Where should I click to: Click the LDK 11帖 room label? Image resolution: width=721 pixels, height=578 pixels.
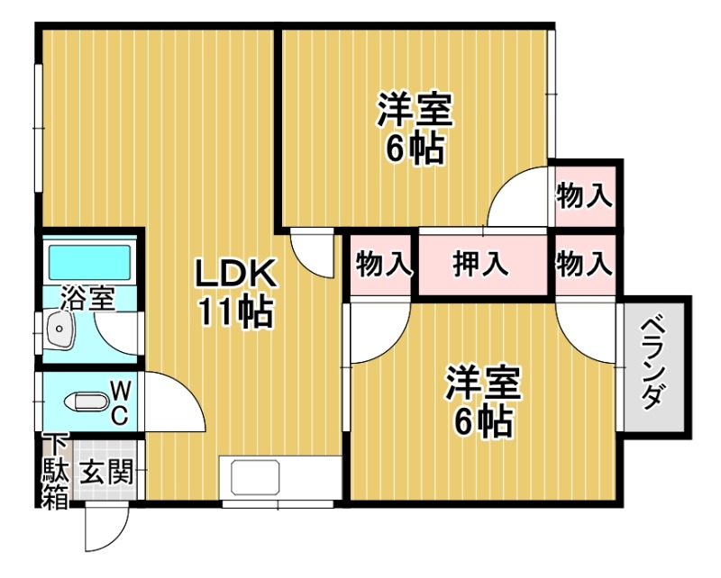(235, 292)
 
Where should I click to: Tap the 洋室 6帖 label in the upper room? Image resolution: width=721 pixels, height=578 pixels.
(415, 130)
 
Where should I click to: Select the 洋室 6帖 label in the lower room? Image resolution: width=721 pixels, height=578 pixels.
(482, 401)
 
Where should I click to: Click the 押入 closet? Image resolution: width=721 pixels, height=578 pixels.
(481, 265)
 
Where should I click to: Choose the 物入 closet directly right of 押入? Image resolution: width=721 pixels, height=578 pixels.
(584, 265)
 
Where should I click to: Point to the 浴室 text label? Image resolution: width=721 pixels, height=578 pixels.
(88, 298)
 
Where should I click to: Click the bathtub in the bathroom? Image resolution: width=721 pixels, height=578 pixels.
(88, 262)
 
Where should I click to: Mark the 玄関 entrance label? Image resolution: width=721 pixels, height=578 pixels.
(106, 471)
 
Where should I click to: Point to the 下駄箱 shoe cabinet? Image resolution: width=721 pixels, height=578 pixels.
(55, 472)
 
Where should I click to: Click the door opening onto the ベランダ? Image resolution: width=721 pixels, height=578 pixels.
(589, 333)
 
